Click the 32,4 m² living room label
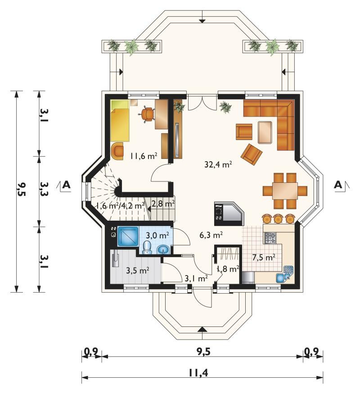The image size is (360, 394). click(218, 165)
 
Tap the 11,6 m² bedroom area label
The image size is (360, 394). click(144, 156)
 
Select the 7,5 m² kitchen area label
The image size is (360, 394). click(264, 257)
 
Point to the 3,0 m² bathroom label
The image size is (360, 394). click(157, 235)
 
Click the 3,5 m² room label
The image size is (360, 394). click(138, 271)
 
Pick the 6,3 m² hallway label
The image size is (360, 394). click(211, 235)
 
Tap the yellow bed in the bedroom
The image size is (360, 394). click(120, 120)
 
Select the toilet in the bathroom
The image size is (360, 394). click(147, 247)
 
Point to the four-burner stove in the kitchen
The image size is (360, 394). click(270, 238)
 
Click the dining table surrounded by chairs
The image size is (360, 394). click(285, 191)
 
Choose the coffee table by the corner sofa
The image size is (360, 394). click(265, 132)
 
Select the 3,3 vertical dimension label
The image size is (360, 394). click(43, 189)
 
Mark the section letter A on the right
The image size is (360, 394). click(338, 185)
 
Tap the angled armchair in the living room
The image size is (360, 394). click(251, 154)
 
